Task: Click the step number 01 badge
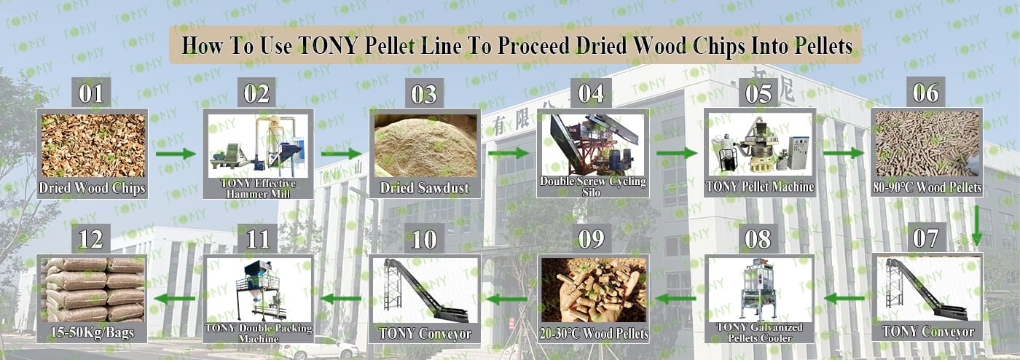91,93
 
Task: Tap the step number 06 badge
926,93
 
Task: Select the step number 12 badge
91,239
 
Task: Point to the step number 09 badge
592,239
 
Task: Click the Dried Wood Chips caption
92,188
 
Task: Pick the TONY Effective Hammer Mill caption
258,188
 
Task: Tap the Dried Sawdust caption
424,188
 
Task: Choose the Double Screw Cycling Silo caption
592,187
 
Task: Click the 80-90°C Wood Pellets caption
927,187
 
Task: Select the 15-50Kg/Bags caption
92,332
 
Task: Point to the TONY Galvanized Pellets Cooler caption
759,332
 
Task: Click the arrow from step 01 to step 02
176,154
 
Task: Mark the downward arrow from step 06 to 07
976,226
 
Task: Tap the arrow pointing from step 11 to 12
175,299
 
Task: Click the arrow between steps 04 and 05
677,153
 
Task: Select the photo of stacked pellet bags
93,290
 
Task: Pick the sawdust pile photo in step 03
425,145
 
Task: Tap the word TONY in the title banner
327,46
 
